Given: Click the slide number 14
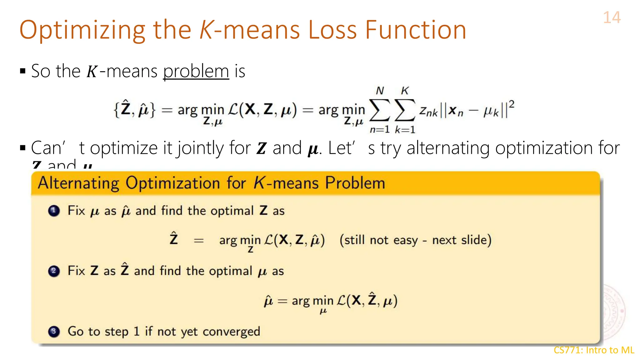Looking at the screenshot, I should click(612, 17).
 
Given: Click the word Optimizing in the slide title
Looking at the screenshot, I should click(82, 30).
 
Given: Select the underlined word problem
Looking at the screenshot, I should click(196, 71).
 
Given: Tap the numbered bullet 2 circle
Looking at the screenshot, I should click(54, 271).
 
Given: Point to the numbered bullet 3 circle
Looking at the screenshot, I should click(54, 331).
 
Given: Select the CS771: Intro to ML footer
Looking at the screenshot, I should click(594, 350).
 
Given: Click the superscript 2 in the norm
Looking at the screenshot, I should click(511, 104).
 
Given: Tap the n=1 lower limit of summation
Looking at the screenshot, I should click(380, 129).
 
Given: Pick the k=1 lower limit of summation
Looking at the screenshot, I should click(405, 129).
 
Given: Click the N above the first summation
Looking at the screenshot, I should click(380, 91).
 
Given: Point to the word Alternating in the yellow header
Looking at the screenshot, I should click(78, 183).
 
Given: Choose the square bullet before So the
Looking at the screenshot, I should click(22, 71).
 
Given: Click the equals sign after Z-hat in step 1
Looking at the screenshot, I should click(199, 241).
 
